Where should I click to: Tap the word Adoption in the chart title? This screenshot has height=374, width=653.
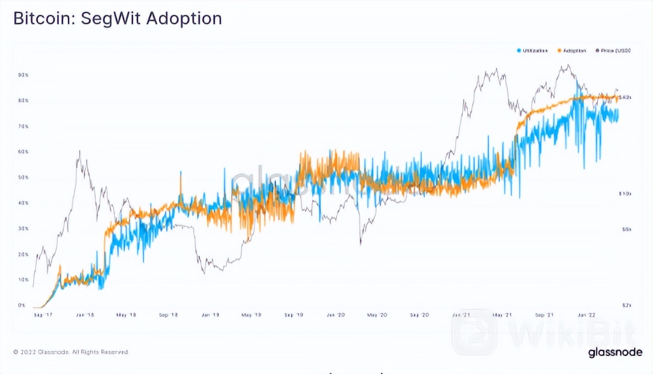[x=184, y=19]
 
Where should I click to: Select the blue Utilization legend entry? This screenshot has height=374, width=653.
[x=532, y=51]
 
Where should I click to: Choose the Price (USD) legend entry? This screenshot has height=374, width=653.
[x=613, y=51]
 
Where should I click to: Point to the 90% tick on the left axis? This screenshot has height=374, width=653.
[x=23, y=75]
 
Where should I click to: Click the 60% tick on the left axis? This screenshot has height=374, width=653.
[x=23, y=152]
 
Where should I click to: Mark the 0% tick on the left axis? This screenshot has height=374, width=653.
[x=22, y=305]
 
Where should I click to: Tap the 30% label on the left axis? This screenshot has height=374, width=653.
[x=23, y=229]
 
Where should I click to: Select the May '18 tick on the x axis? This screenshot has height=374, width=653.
[x=126, y=315]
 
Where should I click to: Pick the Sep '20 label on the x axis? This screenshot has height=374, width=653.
[x=419, y=315]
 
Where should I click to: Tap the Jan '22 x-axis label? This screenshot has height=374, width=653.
[x=587, y=315]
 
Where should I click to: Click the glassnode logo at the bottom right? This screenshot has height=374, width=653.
[x=615, y=352]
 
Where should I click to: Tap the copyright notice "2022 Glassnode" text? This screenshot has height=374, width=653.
[x=71, y=352]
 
